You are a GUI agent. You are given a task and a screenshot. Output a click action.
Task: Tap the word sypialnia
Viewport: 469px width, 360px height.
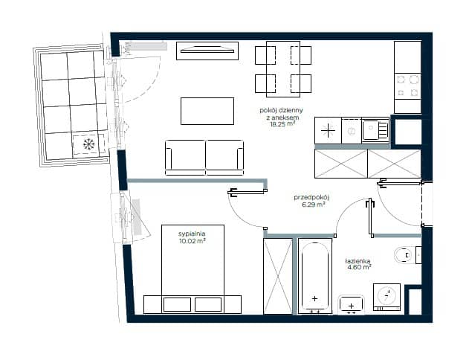(192, 234)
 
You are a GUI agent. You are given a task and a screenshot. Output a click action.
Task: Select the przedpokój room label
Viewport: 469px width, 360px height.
(311, 198)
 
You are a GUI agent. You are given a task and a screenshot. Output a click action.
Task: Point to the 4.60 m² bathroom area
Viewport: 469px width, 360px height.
(359, 267)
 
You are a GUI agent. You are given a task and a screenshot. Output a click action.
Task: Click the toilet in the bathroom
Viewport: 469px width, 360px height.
(407, 255)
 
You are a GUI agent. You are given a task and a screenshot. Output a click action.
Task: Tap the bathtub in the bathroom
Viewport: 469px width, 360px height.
(314, 276)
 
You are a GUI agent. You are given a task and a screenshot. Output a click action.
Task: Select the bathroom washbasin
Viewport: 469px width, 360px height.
(351, 305)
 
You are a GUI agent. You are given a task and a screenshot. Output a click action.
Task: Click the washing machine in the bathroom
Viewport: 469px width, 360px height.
(386, 297)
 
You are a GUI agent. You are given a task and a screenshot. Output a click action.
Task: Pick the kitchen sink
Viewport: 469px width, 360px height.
(375, 130)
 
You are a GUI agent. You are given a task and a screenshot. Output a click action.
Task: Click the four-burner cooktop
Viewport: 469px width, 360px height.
(407, 86)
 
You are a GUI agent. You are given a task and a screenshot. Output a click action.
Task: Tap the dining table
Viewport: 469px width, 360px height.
(283, 69)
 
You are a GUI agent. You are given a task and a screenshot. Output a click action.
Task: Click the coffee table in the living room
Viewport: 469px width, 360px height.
(207, 111)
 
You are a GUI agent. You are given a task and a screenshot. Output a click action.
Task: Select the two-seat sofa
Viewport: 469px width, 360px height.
(204, 158)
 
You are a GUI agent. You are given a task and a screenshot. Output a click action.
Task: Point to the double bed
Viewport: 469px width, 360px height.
(193, 269)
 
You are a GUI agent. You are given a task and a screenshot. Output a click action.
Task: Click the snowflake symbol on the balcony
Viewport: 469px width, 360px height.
(89, 144)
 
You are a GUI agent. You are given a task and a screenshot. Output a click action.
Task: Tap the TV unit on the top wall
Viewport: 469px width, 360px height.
(207, 51)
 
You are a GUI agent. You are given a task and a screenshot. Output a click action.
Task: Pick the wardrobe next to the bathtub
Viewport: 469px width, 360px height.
(278, 276)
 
